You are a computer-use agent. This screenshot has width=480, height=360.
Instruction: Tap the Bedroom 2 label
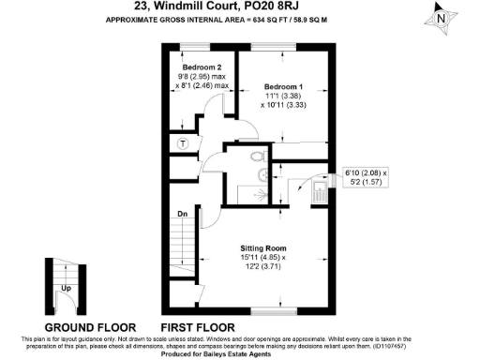point(202,67)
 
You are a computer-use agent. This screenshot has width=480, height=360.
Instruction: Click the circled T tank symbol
point(183,142)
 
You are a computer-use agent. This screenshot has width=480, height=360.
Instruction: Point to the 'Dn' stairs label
point(183,214)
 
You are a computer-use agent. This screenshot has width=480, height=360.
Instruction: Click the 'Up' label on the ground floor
point(66,289)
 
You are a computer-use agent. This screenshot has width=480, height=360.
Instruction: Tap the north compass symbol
point(441,16)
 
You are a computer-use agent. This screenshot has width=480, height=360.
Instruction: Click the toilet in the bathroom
point(260,159)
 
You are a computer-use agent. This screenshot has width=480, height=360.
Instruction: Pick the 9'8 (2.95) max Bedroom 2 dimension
point(202,77)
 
